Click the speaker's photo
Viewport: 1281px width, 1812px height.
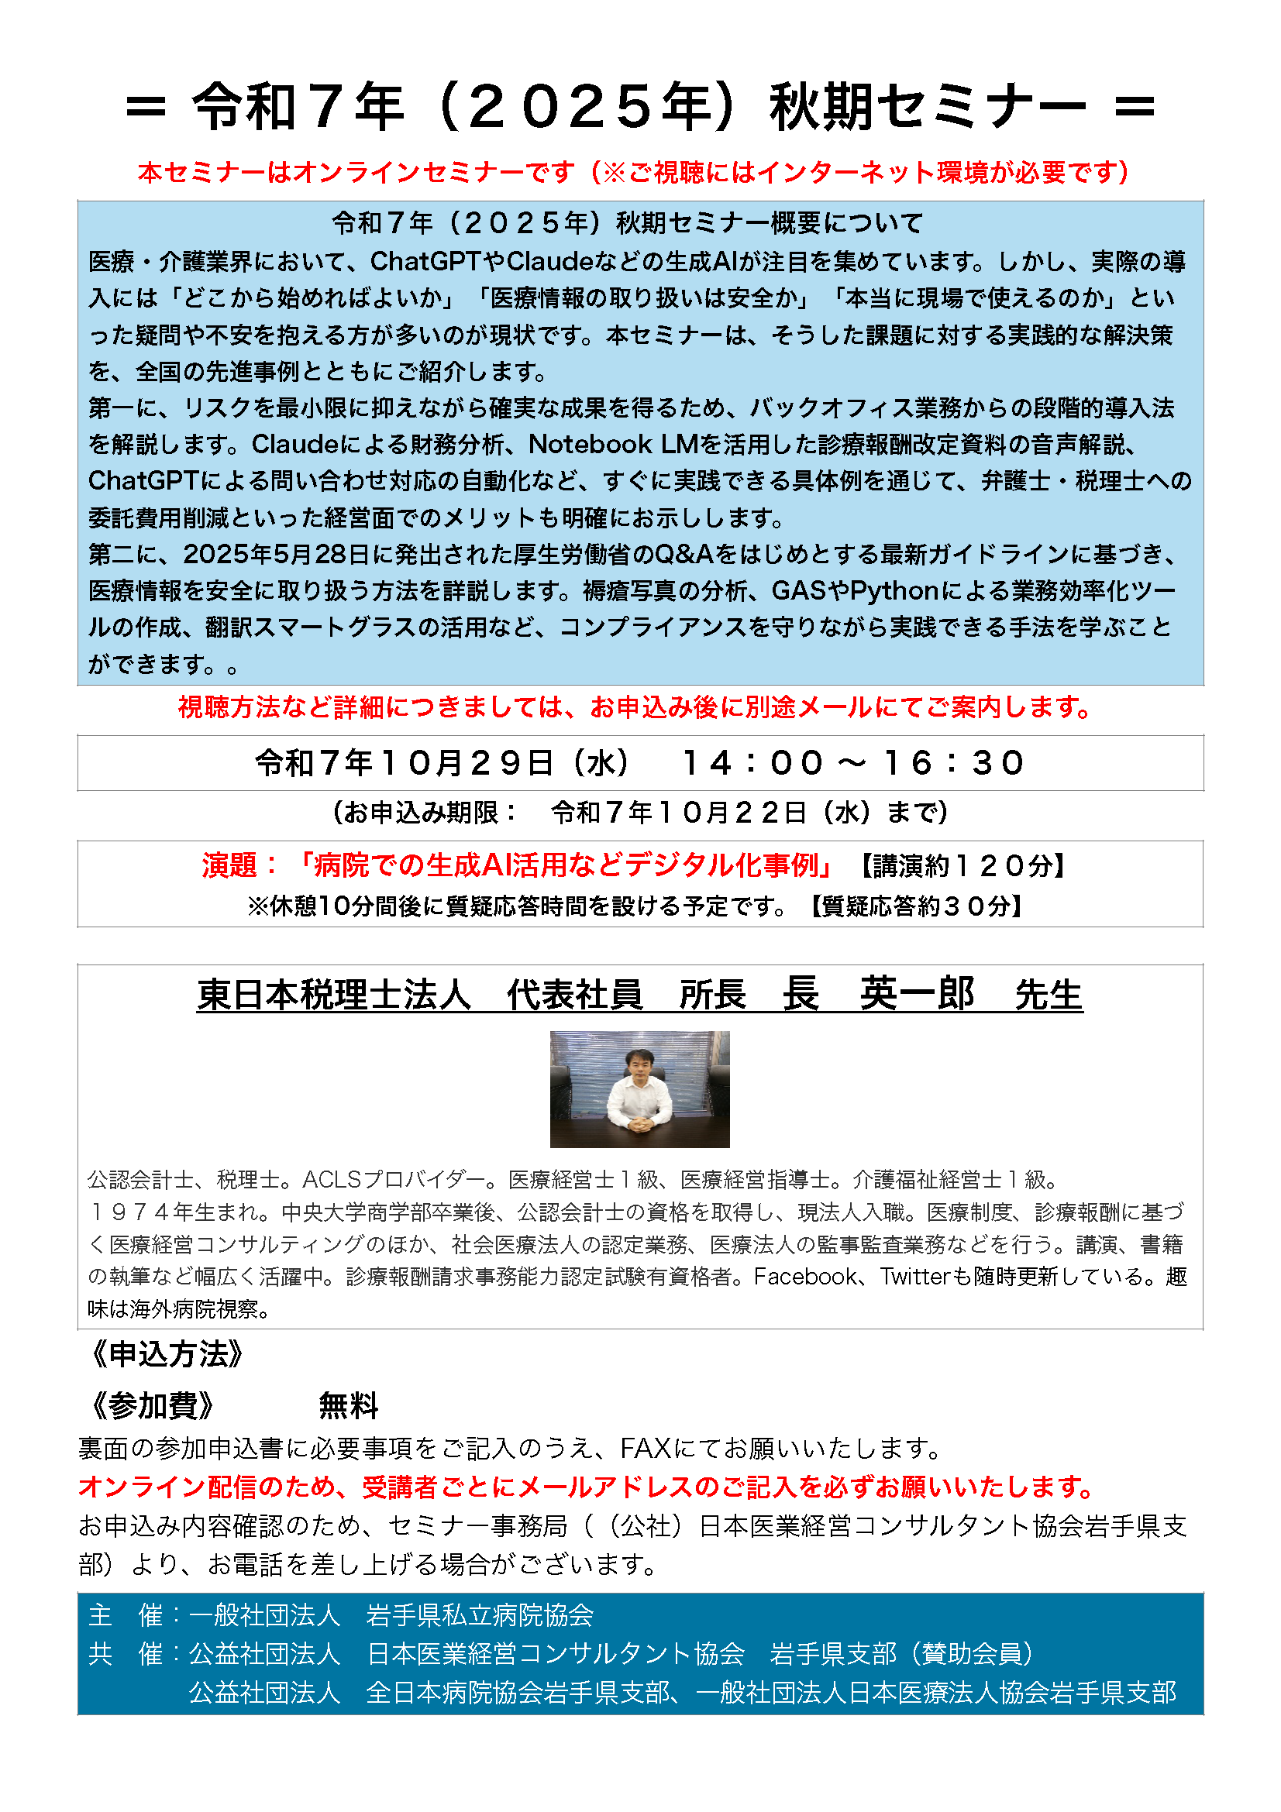tap(639, 1088)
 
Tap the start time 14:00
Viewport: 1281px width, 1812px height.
tap(752, 763)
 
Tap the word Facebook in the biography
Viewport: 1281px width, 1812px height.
tap(804, 1276)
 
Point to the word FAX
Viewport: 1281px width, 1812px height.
tap(645, 1448)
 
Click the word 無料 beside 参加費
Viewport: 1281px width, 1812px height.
tap(348, 1405)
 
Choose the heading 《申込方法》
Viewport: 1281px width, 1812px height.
tap(167, 1354)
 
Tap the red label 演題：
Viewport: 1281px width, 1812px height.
tap(239, 866)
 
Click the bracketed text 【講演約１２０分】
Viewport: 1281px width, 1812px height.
tap(962, 867)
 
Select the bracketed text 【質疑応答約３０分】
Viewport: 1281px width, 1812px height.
tap(916, 906)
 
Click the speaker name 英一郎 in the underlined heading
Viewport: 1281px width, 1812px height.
tap(916, 994)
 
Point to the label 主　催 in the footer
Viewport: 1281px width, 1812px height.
tap(125, 1615)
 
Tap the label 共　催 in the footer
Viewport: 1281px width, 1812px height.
tap(125, 1653)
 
